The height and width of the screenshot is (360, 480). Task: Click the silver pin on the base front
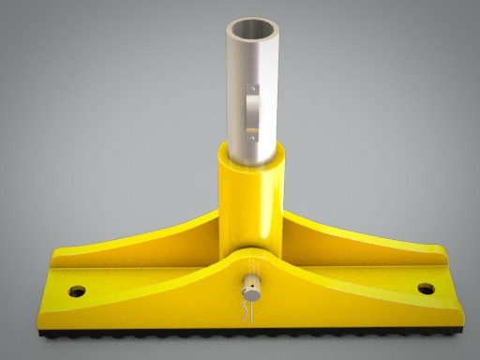(x=251, y=282)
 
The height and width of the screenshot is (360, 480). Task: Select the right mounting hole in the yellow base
(x=427, y=289)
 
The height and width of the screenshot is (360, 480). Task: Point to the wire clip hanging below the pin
(x=246, y=308)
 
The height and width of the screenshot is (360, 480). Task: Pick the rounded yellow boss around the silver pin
(x=251, y=267)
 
